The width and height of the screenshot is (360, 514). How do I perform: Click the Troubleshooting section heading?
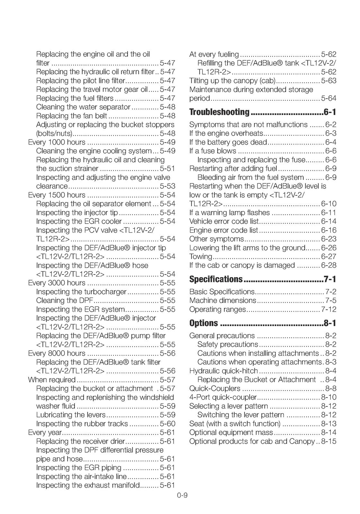pos(219,112)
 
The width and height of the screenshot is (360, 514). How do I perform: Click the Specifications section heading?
pos(216,279)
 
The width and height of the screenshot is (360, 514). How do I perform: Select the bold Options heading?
pos(204,323)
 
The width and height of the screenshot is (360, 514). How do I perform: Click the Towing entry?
pos(201,256)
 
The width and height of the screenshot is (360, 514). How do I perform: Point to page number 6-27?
pos(328,256)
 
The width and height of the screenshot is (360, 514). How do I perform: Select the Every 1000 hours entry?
pos(57,142)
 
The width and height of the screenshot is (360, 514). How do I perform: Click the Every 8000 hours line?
pos(57,353)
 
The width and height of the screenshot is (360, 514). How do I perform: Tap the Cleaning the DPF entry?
pos(65,301)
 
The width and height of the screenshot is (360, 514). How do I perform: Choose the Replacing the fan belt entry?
pos(72,116)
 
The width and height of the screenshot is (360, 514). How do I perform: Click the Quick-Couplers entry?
pos(215,389)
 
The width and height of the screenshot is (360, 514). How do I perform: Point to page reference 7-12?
pos(328,309)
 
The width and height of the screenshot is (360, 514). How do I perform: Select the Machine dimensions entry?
pos(222,301)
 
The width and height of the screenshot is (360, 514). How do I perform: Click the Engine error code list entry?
pos(224,230)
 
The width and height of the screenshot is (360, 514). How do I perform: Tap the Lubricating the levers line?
pos(71,415)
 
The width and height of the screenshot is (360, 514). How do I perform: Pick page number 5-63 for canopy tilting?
pos(328,81)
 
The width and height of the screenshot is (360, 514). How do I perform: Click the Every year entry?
pos(45,433)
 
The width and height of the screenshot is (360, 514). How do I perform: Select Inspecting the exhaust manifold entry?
pos(88,485)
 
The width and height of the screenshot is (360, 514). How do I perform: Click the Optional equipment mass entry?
pos(231,433)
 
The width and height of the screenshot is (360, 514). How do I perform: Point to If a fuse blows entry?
pos(212,151)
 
